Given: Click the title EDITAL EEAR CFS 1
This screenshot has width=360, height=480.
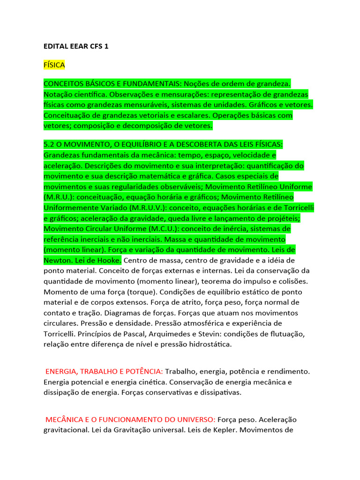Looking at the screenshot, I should (x=75, y=47).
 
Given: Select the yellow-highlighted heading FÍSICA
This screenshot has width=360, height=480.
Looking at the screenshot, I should (x=54, y=64).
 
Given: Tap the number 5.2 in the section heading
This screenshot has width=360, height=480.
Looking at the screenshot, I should (x=49, y=144).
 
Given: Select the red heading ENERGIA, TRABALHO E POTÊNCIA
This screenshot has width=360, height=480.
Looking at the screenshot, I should (x=104, y=371).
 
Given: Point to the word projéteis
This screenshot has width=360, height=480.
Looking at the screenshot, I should (x=283, y=218).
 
